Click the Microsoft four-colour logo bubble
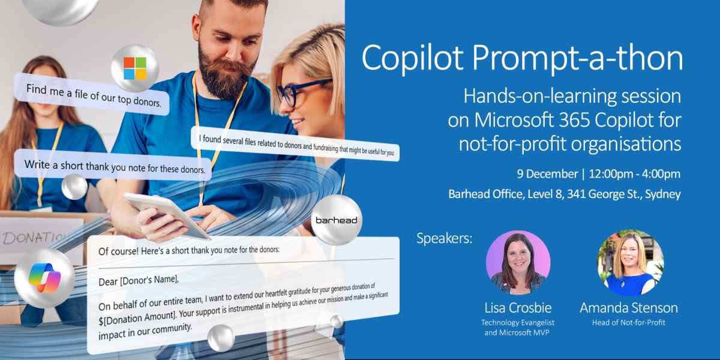click(135, 68)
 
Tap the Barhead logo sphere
click(336, 220)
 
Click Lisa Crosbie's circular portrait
click(518, 263)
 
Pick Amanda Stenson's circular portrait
click(629, 263)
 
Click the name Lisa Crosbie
click(517, 308)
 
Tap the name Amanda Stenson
click(628, 308)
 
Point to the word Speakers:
click(445, 238)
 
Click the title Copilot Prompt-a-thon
click(522, 58)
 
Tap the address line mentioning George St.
click(564, 194)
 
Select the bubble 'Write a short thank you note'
click(114, 166)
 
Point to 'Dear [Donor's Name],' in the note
click(139, 279)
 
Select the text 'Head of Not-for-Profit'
click(628, 323)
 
